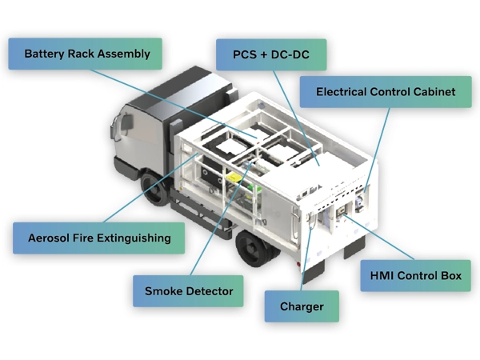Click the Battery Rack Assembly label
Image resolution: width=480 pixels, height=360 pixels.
87,54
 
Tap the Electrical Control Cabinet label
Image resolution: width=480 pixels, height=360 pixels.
385,92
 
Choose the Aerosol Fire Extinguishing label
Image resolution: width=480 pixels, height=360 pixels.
99,238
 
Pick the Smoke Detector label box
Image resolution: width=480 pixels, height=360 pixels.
188,290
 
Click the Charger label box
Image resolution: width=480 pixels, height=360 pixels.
302,306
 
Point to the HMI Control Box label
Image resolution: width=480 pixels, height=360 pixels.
416,276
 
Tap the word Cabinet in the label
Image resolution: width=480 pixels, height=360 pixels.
432,92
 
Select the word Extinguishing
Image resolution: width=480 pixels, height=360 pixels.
133,238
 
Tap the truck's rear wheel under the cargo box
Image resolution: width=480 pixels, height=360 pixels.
254,249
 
